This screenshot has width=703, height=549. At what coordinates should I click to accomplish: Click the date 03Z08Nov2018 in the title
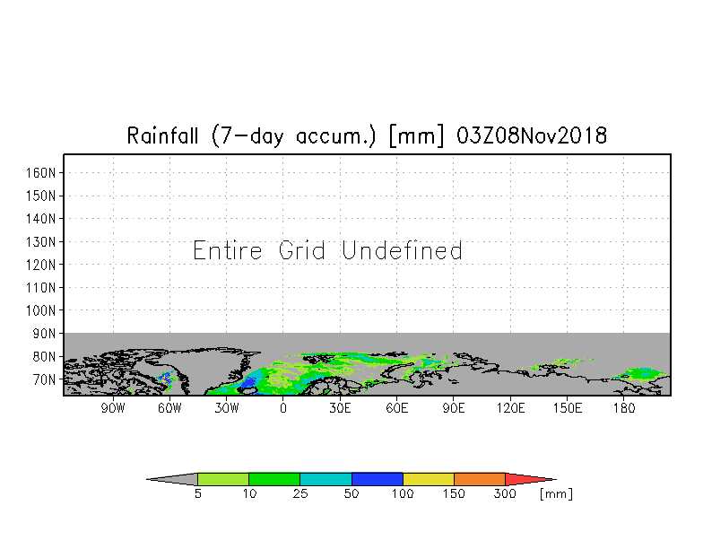coord(532,136)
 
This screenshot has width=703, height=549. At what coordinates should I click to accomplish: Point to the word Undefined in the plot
coord(403,251)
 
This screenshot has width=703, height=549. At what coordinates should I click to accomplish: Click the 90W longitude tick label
coord(112,408)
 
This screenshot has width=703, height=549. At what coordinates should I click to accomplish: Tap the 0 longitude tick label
coord(283,408)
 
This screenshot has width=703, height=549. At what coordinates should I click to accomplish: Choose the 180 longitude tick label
coord(624,408)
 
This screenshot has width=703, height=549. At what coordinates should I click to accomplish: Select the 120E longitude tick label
coord(510,408)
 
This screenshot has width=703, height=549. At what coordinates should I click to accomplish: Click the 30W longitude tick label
coord(226,408)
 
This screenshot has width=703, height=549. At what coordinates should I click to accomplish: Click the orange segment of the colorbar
coord(480,479)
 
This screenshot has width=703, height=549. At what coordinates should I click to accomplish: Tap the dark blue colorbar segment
coord(378,479)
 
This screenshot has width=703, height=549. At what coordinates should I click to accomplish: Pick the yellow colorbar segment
coord(429,479)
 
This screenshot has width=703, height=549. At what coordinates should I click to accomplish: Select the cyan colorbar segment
coord(325,479)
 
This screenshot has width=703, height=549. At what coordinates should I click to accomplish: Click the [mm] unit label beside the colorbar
coord(556,494)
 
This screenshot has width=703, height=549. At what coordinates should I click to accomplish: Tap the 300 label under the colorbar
coord(506,494)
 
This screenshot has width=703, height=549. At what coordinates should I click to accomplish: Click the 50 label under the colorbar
coord(351,494)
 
